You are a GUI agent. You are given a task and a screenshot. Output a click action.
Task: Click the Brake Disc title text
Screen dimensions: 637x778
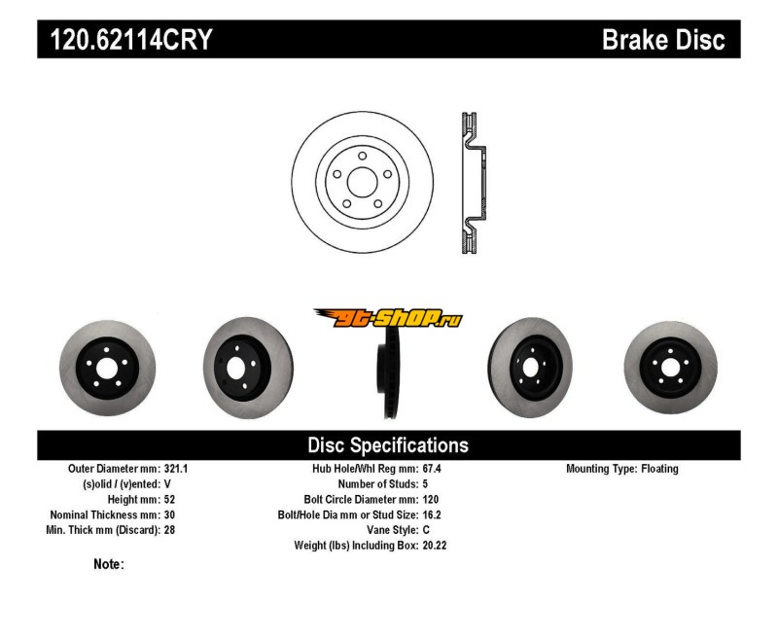coord(664,41)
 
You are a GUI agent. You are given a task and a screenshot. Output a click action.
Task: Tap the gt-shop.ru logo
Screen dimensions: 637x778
coord(388,318)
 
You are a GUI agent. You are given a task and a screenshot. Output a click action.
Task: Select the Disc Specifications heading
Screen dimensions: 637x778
coord(388,445)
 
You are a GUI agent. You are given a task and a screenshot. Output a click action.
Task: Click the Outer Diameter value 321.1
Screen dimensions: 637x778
coord(175,469)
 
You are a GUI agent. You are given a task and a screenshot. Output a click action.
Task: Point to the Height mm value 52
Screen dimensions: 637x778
coord(170,500)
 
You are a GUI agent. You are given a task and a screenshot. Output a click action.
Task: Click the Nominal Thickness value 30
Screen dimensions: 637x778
coord(170,515)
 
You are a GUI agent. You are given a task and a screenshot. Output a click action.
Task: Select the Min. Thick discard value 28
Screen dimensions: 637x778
coord(170,531)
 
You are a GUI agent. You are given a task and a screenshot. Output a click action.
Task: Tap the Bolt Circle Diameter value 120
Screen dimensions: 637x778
coord(432,500)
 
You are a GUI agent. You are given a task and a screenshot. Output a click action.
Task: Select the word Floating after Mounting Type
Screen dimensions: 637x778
coord(659,469)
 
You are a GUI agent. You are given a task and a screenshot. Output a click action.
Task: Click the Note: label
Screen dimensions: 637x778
coord(108,564)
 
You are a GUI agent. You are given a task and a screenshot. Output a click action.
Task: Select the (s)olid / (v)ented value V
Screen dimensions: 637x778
coord(168,484)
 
